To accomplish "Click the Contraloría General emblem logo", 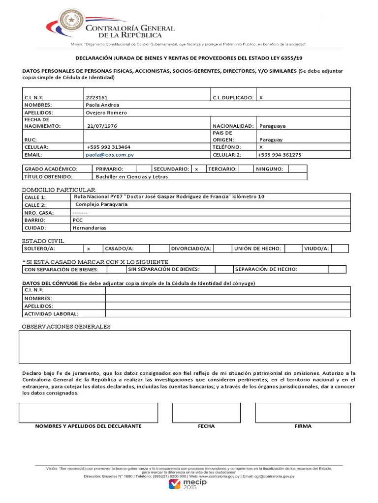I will [72, 24].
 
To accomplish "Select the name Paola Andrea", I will [102, 105].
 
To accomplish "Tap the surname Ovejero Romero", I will [106, 112].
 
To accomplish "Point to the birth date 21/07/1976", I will [102, 126].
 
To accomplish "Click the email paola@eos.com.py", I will [110, 154].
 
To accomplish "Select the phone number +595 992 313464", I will [108, 147].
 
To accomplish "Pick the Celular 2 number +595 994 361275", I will [279, 154].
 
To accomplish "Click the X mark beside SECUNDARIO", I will [197, 169].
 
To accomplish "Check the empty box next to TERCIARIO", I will [245, 169].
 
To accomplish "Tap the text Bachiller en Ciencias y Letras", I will [131, 176].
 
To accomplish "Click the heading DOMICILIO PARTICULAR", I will [59, 190].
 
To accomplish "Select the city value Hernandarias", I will [89, 228].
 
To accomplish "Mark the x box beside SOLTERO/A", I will [89, 249].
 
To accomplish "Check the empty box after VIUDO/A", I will [340, 249].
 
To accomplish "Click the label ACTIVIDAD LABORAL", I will [51, 313].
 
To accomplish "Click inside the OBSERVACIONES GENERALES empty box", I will [185, 346].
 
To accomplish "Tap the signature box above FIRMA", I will [303, 413].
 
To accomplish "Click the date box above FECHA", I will [206, 413].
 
